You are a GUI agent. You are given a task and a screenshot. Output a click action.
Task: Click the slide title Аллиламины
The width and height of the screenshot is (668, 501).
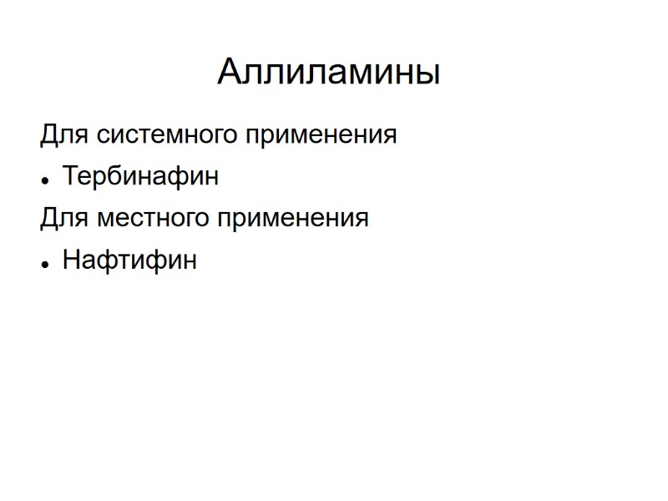(328, 72)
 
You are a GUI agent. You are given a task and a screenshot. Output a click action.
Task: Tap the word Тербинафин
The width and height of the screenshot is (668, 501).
(140, 176)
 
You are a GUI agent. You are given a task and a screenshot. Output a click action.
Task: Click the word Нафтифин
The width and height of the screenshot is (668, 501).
(129, 260)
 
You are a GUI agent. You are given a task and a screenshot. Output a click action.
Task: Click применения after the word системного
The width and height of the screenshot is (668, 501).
(320, 134)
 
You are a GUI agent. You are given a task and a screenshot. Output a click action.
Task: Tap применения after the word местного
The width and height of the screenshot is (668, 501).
(291, 218)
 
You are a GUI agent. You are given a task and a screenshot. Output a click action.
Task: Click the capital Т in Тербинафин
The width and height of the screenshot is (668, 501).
(71, 176)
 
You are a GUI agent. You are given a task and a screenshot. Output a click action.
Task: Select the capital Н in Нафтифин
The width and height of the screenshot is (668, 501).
(72, 260)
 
